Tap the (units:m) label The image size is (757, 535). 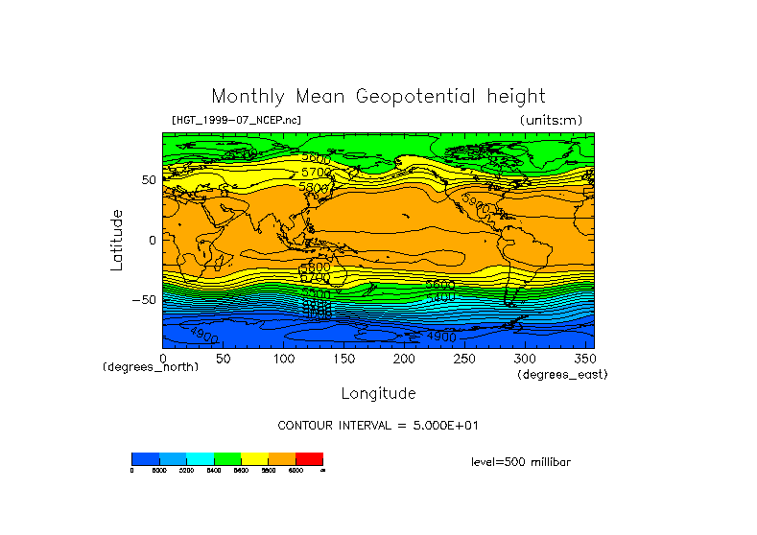[550, 120]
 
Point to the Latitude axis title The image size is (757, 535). [117, 240]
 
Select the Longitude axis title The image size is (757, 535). [378, 393]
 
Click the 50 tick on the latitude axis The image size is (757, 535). [149, 180]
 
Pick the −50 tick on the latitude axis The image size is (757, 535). [145, 300]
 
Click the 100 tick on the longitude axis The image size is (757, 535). [283, 359]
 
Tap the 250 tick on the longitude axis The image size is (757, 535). [464, 359]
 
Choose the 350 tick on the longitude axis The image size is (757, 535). [584, 359]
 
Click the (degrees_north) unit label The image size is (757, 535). [151, 367]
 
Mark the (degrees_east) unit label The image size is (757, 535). [562, 375]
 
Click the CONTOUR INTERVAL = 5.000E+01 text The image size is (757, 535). [378, 425]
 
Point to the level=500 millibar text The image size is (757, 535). [521, 462]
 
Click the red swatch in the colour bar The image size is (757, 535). [309, 458]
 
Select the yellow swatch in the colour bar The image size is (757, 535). [254, 458]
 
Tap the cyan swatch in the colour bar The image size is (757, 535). [200, 458]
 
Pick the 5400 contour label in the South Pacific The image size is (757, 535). [440, 298]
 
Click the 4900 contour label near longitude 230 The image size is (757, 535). [440, 337]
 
